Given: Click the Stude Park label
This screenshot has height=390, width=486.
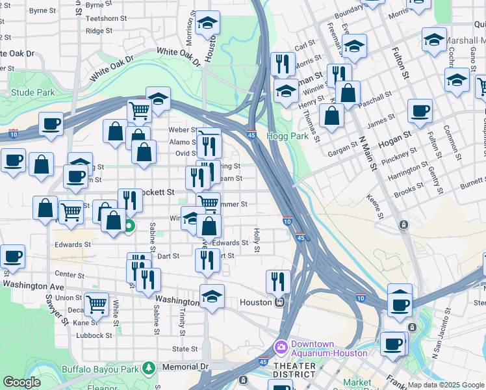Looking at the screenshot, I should click(33, 92).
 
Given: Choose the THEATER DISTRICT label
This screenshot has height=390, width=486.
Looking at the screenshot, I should click(295, 370).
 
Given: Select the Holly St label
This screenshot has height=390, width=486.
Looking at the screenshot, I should click(257, 240).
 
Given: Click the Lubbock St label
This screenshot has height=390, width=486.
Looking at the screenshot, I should click(95, 335).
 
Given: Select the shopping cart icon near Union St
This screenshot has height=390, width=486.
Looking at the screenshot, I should click(96, 302).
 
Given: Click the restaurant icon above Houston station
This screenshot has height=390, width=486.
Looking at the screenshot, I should click(278, 281).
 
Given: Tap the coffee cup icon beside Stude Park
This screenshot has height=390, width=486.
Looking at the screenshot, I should click(51, 123).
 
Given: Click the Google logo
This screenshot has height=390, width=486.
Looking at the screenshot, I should click(21, 382).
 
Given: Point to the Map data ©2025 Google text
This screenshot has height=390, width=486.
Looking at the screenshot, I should click(446, 385).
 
